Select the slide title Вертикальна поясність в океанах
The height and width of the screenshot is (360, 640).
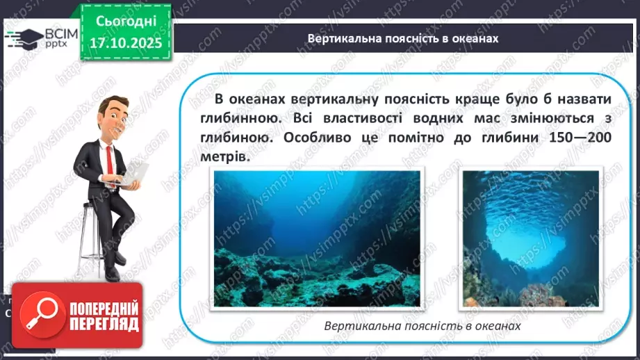pos(403,38)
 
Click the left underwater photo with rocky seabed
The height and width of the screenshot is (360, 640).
pos(316,238)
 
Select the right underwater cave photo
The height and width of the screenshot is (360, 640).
pos(531,238)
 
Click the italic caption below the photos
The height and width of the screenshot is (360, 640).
pos(422,325)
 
